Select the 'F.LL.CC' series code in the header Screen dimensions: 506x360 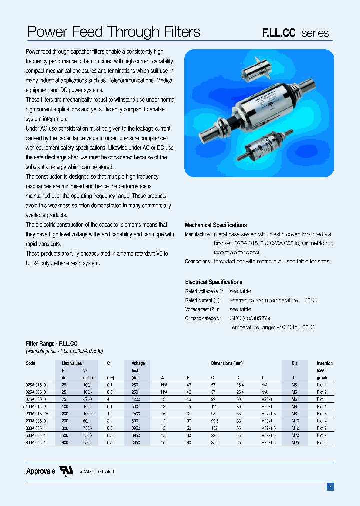point(279,33)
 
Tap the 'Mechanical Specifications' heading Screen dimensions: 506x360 point(216,225)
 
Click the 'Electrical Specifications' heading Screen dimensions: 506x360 point(213,282)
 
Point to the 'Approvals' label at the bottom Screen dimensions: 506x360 point(40,471)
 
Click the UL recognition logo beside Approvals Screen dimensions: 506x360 point(66,471)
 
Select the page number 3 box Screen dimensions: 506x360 point(330,487)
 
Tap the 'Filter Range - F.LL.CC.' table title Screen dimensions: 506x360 point(52,344)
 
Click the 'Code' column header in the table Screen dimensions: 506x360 point(30,363)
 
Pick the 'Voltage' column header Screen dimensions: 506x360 point(138,363)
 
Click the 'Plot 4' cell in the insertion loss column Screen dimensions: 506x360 point(321,421)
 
